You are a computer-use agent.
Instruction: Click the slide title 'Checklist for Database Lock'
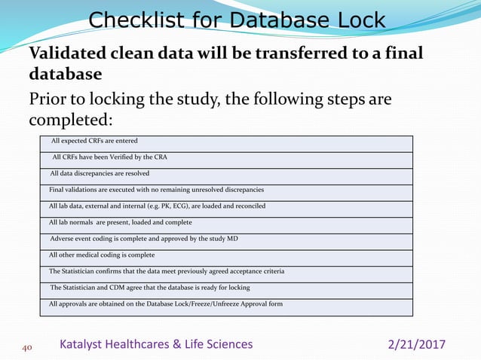237,20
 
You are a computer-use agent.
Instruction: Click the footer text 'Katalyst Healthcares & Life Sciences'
157,344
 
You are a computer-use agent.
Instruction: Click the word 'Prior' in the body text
46,99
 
